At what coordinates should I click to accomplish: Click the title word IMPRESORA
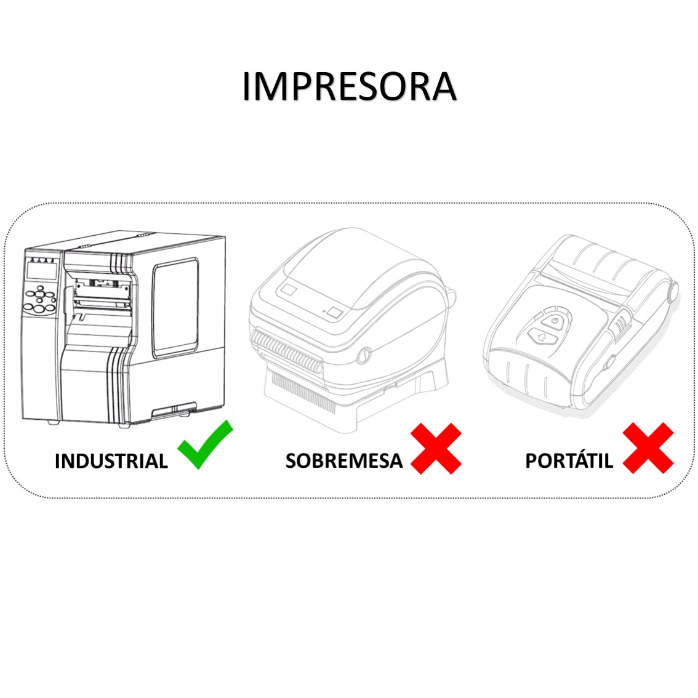coord(350,86)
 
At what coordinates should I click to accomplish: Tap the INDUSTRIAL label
coord(111,461)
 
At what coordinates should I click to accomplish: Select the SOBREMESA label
coord(344,461)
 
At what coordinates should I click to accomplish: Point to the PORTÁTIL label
coord(569,460)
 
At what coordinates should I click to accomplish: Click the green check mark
coord(205,444)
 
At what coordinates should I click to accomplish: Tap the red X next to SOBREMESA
coord(436,448)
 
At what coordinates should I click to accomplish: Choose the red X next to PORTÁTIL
coord(648,448)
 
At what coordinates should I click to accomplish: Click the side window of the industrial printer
coord(175,308)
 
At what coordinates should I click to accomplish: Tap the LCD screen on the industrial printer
coord(42,270)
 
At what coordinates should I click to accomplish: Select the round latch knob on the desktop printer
coord(364,355)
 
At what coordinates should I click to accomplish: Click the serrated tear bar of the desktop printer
coord(287,350)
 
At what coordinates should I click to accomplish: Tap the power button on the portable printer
coord(554,321)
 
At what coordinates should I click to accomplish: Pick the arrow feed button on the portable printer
coord(543,337)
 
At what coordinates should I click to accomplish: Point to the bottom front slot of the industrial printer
coord(174,410)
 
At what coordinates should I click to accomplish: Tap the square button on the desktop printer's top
coord(335,312)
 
